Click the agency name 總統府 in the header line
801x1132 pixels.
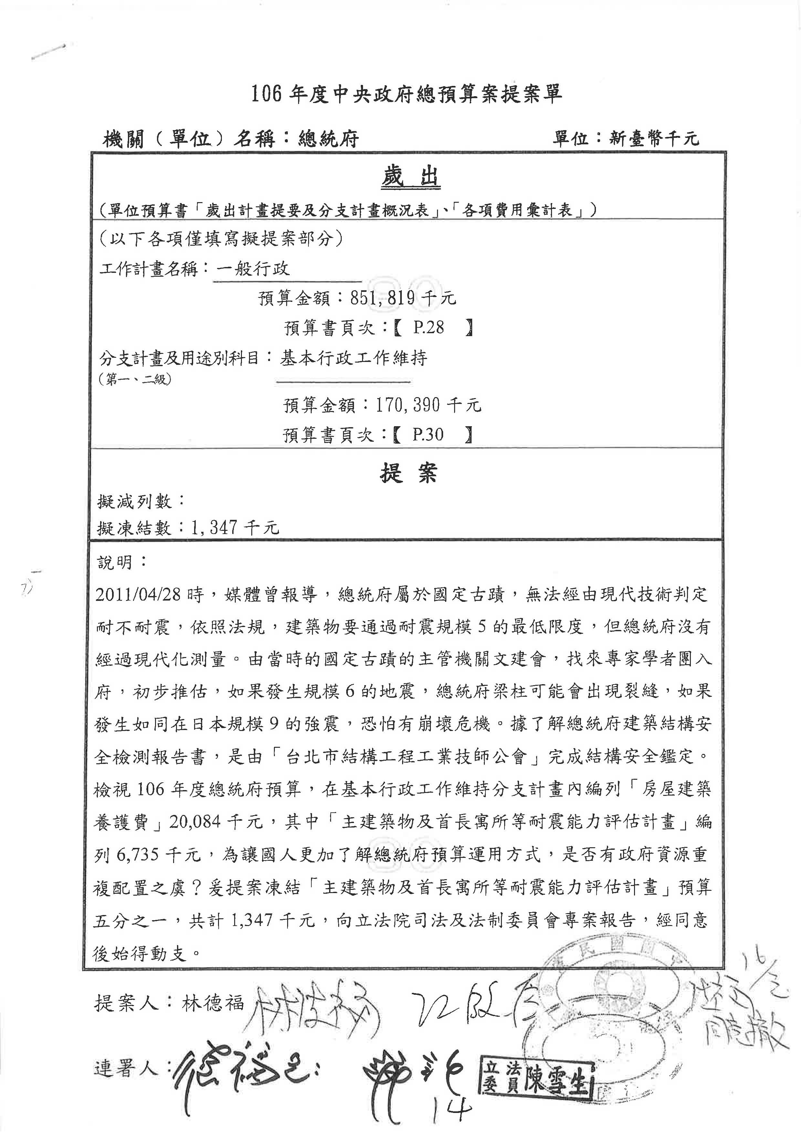click(328, 139)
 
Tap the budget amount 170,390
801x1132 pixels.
click(407, 405)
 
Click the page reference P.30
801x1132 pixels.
click(428, 434)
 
